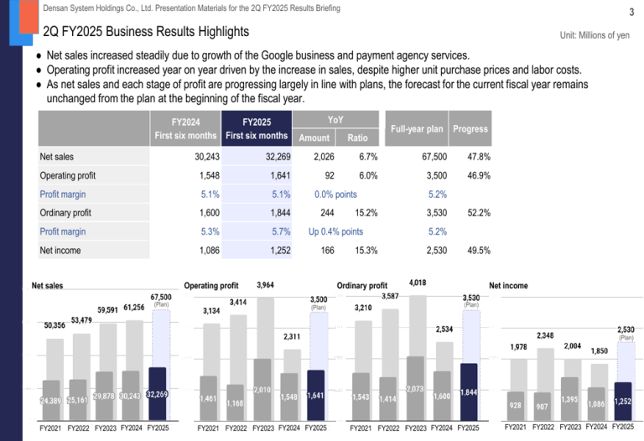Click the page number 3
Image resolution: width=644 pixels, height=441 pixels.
[x=630, y=12]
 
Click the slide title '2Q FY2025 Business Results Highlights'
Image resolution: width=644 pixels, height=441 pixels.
[x=146, y=32]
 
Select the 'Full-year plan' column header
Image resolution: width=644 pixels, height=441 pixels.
[x=417, y=129]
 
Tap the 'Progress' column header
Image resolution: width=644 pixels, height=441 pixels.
[x=470, y=129]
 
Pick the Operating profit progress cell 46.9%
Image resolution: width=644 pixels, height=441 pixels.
[x=478, y=176]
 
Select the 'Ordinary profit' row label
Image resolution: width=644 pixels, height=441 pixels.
[x=65, y=213]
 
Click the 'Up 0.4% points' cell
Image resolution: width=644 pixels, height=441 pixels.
[x=335, y=231]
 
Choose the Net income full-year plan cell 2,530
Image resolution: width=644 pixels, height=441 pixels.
[x=433, y=250]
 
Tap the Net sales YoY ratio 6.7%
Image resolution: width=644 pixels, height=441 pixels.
[x=367, y=157]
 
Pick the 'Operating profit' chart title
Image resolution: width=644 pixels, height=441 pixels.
[x=211, y=286]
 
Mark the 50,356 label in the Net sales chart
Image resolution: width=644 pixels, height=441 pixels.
[x=55, y=324]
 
